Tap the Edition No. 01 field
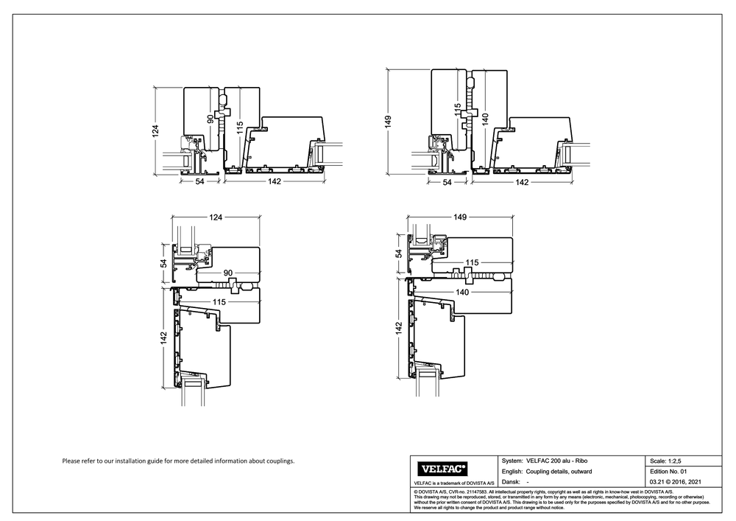[668, 470]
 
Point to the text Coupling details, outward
[559, 470]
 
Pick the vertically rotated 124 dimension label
[155, 130]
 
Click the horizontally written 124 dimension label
[216, 217]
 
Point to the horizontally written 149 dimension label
[461, 217]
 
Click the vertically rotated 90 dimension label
[210, 118]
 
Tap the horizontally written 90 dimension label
[229, 273]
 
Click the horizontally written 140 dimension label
[462, 293]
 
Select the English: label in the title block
[513, 470]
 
